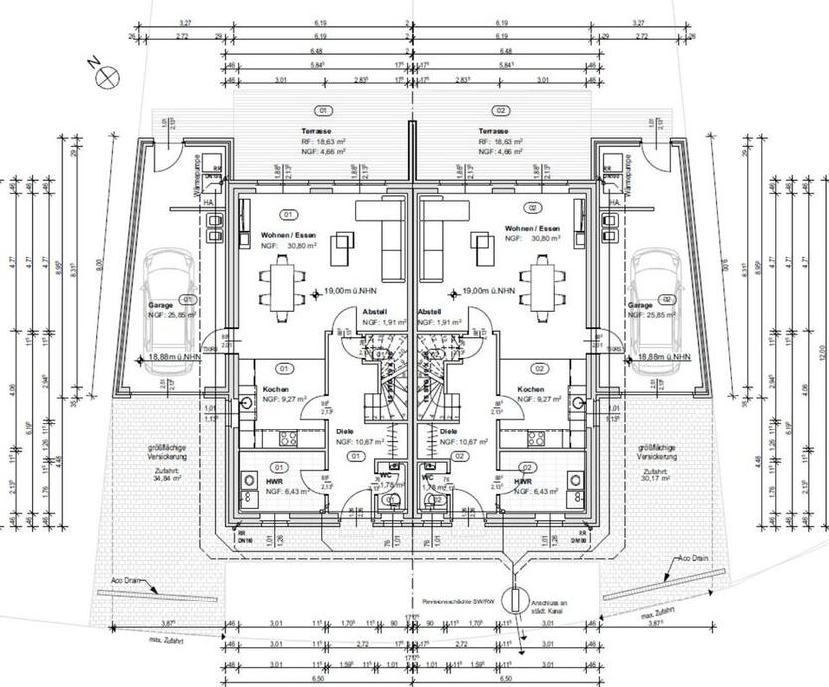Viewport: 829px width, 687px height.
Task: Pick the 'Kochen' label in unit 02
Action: [530, 389]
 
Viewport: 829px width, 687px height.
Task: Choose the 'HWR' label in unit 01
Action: [275, 479]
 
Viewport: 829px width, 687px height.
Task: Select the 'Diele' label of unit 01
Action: [344, 431]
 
